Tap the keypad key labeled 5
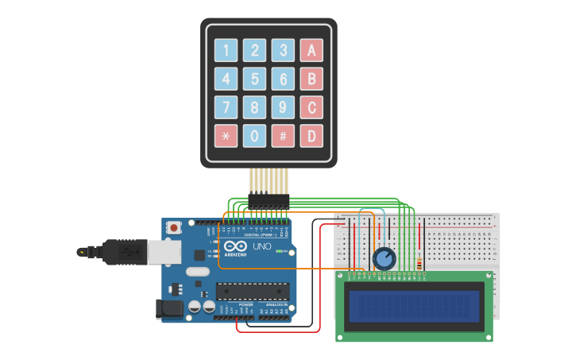[254, 79]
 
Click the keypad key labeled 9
[283, 107]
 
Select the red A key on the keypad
[311, 51]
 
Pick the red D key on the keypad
[311, 136]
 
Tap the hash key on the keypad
[283, 136]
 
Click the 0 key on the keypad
[254, 136]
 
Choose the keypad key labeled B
[311, 79]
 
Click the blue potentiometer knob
[384, 259]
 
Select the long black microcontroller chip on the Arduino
[253, 291]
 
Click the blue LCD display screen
[414, 306]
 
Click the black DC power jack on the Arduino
[168, 308]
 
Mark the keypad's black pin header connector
[269, 199]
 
